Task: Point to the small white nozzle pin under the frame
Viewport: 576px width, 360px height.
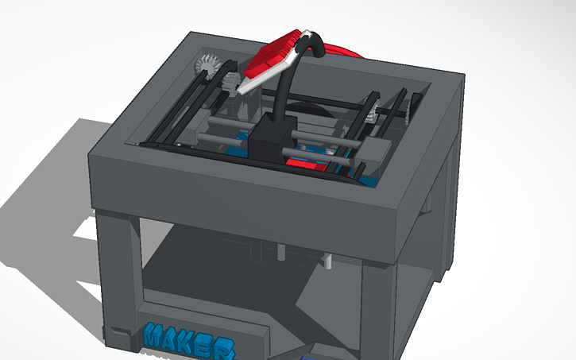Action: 327,258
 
